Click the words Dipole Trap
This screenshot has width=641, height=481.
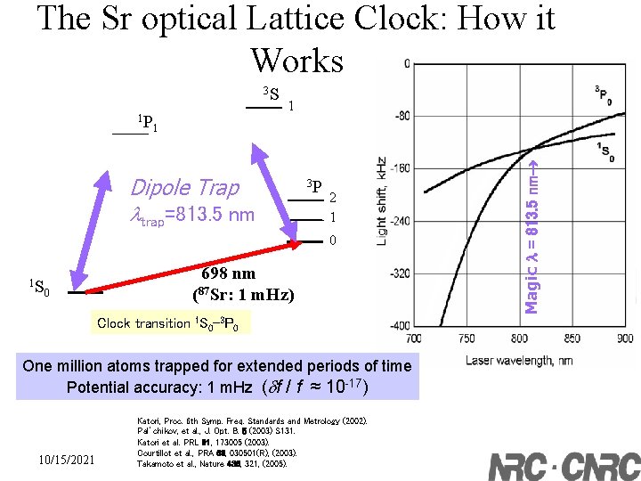(184, 187)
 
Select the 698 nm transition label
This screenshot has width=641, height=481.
(228, 273)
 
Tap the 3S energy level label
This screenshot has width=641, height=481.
(271, 94)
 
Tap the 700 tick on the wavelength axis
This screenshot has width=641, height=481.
(413, 338)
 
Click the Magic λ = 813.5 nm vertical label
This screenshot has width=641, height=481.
(531, 233)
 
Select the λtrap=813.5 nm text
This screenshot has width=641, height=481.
(191, 214)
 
